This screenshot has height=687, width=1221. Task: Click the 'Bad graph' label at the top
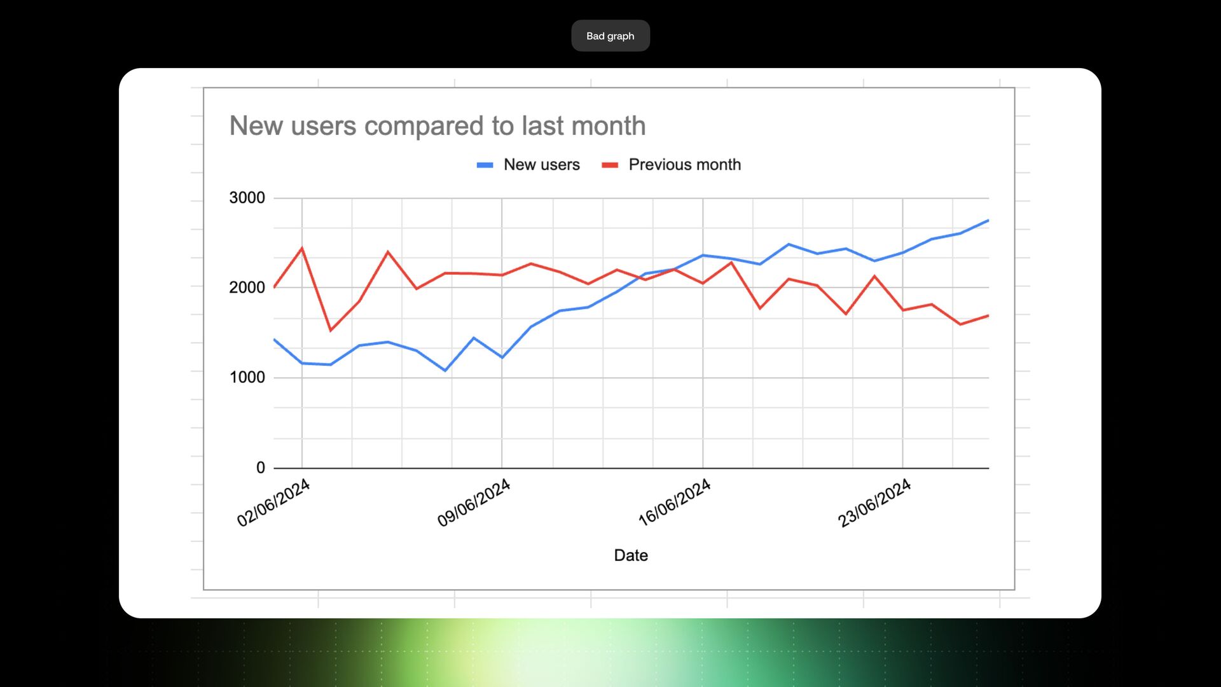610,36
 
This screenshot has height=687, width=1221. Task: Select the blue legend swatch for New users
485,165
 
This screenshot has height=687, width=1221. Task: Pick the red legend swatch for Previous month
610,165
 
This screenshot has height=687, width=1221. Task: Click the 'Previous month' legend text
684,165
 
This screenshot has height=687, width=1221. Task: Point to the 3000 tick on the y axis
247,198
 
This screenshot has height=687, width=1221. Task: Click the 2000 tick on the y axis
247,288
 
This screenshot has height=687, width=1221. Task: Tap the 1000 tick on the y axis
247,377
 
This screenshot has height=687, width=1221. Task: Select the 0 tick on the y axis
261,468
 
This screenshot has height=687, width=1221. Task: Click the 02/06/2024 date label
273,503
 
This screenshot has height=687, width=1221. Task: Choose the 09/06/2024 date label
474,503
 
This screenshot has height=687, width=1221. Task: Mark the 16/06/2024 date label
674,503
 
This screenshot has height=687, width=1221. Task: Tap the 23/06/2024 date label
874,503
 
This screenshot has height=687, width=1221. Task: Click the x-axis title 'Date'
631,555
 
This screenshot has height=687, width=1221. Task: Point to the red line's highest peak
302,248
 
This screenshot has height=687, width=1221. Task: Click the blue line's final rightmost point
988,220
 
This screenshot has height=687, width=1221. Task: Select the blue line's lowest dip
445,370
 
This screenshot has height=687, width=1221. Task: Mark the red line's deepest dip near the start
331,330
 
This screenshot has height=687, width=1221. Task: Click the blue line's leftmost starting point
274,340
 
